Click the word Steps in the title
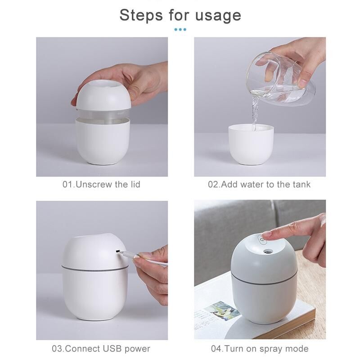[x=141, y=15]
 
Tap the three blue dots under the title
[x=180, y=29]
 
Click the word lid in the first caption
[x=135, y=184]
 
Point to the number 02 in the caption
[x=213, y=184]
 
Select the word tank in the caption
[x=301, y=184]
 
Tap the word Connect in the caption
[x=83, y=348]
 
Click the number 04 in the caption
[x=216, y=348]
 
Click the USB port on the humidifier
[x=118, y=252]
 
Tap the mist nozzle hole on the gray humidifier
[x=267, y=252]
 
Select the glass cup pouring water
[x=281, y=79]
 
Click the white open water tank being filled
[x=251, y=144]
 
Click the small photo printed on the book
[x=221, y=310]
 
